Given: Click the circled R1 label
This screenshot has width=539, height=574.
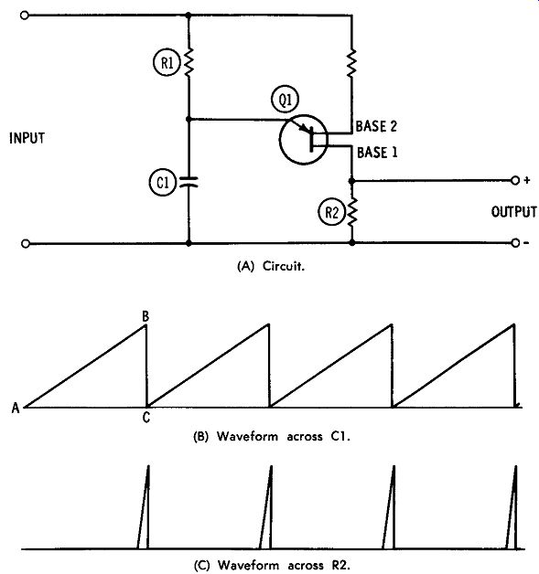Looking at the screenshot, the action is (167, 63).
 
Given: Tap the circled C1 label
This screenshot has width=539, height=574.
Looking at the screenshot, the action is (163, 182).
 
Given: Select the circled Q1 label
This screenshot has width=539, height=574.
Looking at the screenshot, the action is (286, 100).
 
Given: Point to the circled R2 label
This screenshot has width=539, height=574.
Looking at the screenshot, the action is (331, 212).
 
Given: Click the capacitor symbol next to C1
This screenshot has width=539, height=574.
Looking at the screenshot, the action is (189, 182).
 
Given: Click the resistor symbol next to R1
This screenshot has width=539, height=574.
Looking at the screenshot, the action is (189, 63).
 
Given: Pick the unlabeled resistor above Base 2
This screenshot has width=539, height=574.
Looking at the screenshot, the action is (351, 63).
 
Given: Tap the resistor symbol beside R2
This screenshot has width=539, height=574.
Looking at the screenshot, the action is (351, 212).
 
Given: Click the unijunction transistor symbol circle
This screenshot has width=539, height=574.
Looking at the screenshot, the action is (304, 139).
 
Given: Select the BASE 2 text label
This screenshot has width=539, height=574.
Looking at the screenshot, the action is (376, 126).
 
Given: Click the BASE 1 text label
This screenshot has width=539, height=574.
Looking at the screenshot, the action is (377, 153).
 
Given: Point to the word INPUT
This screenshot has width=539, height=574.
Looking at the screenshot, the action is (27, 138).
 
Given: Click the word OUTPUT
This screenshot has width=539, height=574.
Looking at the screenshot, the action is (513, 211).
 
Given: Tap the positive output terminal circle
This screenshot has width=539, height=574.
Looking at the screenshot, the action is (515, 180).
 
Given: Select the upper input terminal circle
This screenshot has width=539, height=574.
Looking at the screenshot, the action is (24, 16).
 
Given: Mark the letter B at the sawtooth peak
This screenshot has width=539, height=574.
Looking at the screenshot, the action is (146, 316).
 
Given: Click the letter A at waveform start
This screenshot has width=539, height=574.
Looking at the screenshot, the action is (16, 408).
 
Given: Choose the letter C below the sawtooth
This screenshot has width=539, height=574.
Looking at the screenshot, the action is (146, 418).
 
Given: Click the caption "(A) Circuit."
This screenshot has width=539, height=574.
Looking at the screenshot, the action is (271, 266).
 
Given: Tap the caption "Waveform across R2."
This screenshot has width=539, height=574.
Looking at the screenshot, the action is (284, 565).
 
